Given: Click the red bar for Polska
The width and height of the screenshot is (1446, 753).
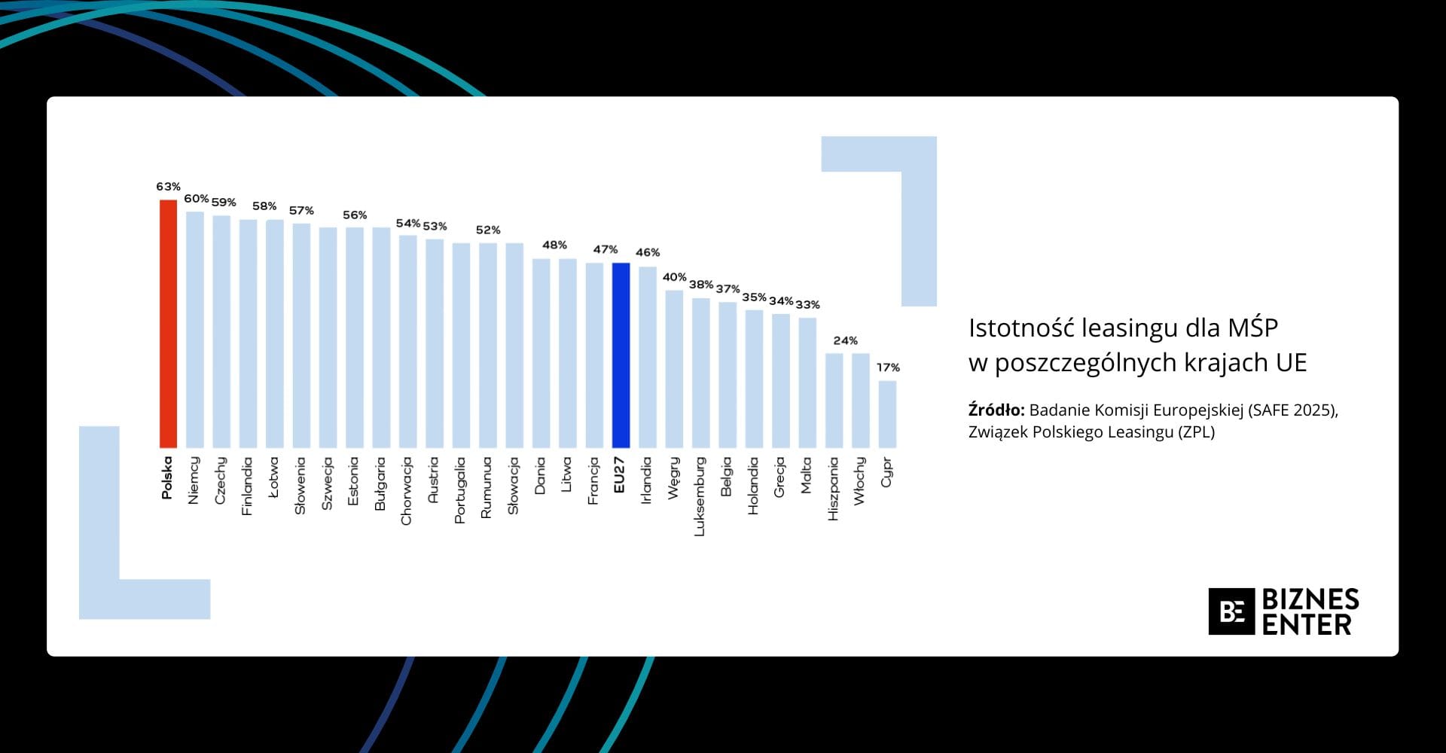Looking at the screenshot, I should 168,324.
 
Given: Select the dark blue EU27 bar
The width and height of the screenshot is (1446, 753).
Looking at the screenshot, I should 621,355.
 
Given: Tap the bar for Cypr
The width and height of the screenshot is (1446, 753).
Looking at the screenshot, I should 887,414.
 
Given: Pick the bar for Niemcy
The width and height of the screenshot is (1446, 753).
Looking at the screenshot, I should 195,330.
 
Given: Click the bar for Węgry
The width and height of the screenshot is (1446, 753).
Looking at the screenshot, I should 674,369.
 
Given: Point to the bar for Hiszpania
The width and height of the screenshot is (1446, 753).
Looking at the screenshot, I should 834,401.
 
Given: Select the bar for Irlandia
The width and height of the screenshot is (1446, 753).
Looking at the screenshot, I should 648,358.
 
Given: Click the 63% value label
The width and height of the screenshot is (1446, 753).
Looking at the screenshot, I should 168,187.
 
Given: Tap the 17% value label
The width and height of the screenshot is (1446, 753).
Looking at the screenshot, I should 888,367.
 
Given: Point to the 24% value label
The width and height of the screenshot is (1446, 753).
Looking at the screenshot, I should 845,340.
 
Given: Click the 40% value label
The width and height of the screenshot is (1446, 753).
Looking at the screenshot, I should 674,277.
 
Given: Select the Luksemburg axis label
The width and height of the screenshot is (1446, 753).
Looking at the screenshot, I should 700,496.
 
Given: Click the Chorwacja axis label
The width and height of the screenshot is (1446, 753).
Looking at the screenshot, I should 407,491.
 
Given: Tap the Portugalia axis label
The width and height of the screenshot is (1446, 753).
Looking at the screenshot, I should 460,490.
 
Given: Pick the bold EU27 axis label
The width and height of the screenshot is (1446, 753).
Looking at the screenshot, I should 620,475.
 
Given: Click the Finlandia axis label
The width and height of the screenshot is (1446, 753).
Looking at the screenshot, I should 247,486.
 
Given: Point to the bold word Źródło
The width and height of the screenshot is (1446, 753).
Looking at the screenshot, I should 996,410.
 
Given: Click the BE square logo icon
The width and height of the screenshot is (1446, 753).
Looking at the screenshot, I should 1231,611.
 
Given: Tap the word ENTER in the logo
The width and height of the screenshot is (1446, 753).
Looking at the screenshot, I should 1307,625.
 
